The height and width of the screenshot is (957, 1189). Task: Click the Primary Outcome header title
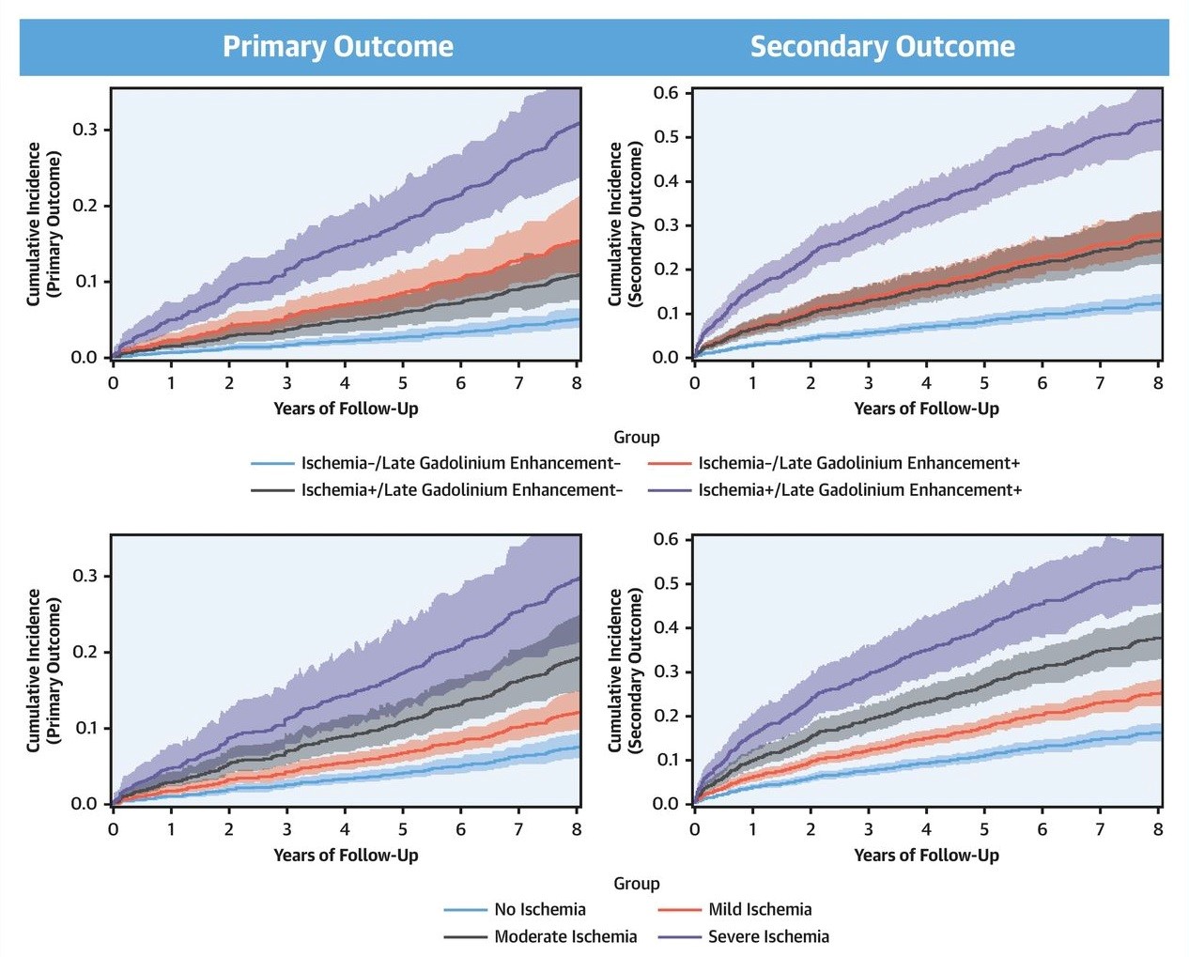338,47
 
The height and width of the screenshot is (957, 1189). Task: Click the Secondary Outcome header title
882,47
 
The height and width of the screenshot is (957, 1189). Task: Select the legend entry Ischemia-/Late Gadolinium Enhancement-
460,463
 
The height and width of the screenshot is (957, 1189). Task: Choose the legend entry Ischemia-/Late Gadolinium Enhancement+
858,463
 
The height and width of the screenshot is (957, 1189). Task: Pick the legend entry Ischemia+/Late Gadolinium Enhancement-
461,490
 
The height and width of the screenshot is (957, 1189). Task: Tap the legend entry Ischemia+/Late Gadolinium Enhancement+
859,490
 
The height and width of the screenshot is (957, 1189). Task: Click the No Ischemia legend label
539,909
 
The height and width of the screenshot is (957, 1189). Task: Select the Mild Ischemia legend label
760,909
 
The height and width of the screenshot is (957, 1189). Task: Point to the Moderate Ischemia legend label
565,936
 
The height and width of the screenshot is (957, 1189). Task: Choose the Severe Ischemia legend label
768,936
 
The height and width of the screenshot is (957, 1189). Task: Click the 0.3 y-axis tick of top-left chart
85,130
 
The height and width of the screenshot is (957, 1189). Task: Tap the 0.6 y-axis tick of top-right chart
666,93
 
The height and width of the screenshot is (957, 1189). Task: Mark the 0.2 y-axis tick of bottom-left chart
85,652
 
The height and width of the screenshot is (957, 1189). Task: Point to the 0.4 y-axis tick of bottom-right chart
666,627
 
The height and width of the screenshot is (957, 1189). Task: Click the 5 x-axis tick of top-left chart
403,383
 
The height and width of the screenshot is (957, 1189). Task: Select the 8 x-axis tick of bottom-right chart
1158,829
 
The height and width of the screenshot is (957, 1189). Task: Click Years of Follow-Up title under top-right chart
926,409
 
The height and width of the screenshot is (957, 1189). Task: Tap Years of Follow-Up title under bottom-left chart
346,855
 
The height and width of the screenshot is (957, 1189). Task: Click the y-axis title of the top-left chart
43,224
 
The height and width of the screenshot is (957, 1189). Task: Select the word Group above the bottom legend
637,884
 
